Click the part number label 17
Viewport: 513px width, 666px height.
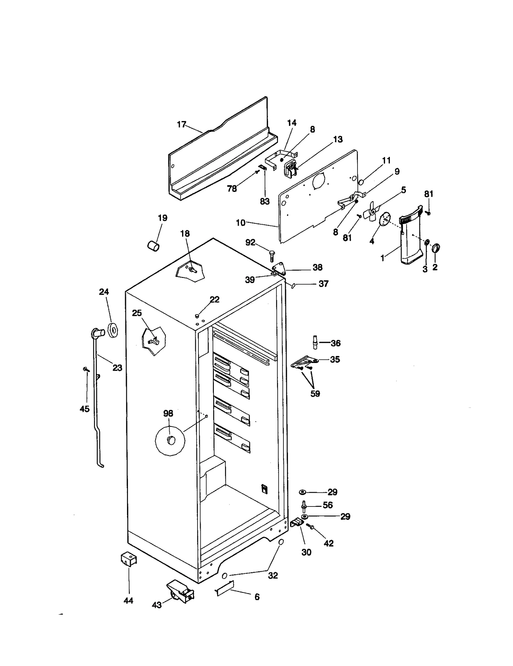181,124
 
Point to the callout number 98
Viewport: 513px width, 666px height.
168,413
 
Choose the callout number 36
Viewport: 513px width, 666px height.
335,343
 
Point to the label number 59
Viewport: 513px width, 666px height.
315,394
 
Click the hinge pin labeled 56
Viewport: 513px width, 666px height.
304,506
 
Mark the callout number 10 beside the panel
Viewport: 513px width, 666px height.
240,222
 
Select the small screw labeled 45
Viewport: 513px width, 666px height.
86,369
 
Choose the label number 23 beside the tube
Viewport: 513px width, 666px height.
117,368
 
